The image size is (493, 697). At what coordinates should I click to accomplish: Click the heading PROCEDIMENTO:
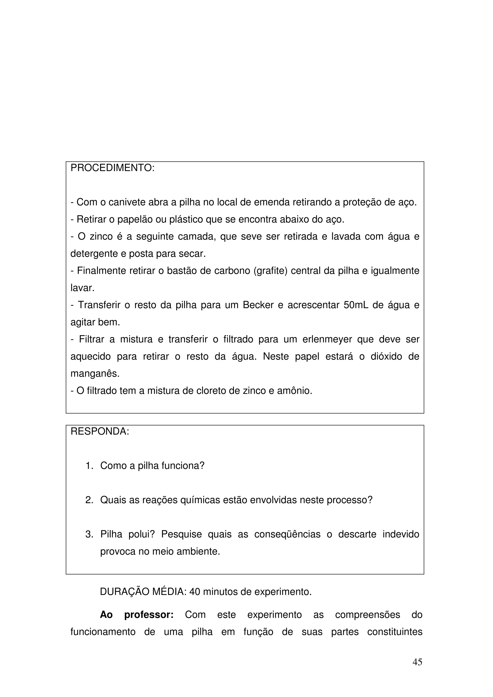click(112, 168)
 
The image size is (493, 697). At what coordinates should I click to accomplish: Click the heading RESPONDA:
click(100, 431)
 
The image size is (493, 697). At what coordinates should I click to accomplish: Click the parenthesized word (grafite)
click(270, 270)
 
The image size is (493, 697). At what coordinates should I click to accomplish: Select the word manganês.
click(95, 373)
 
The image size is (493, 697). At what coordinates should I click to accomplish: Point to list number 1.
click(89, 466)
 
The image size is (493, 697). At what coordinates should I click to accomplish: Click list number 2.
click(89, 500)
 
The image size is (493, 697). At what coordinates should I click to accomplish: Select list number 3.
click(89, 534)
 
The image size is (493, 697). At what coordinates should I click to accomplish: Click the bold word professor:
click(149, 615)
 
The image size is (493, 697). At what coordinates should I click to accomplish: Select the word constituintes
click(395, 632)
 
